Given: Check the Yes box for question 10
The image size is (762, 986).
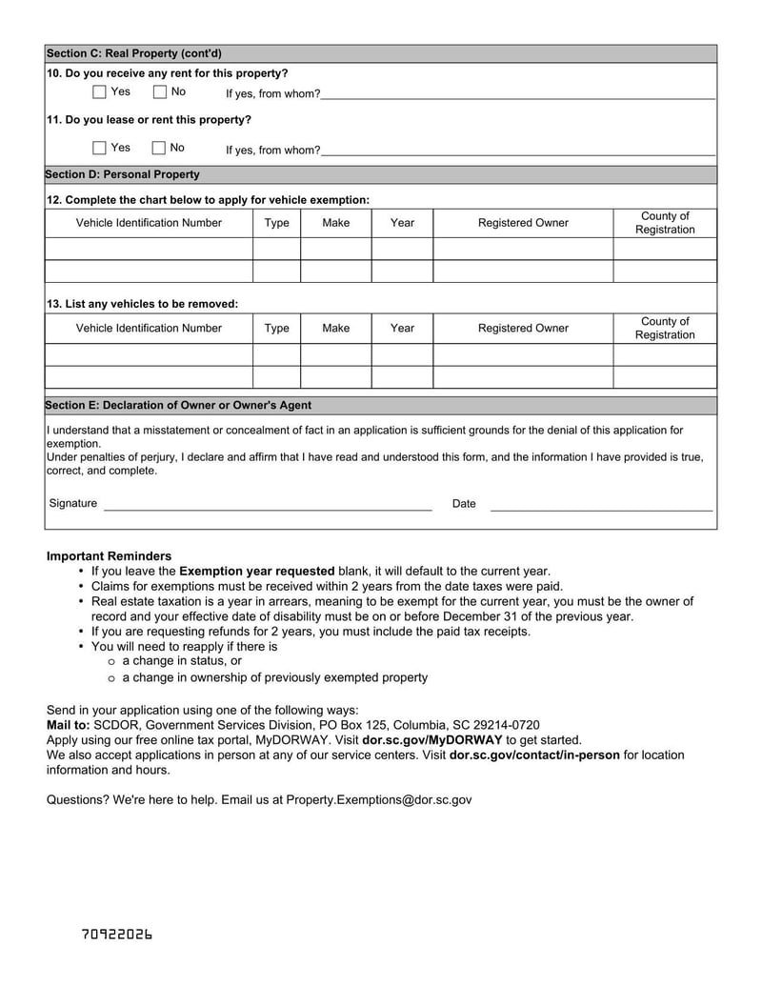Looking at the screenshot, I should [100, 92].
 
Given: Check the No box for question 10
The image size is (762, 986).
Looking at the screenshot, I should [159, 92].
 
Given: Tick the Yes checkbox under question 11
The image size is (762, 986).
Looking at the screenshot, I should [100, 148].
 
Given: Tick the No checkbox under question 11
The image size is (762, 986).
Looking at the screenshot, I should [159, 148].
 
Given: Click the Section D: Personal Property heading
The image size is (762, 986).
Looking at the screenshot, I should [123, 174].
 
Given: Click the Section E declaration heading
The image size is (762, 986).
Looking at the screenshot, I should [178, 405].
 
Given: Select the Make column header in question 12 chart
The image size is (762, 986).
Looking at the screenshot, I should [335, 223].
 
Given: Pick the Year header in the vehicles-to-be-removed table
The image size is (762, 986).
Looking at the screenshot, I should [402, 329].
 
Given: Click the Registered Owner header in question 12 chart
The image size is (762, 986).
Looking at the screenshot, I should [523, 223].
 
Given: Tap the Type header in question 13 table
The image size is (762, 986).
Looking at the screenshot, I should [276, 329].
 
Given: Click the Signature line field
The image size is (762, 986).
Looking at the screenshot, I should [267, 504].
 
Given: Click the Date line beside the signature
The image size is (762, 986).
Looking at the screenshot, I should [600, 504].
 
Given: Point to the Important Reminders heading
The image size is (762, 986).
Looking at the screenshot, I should [109, 556].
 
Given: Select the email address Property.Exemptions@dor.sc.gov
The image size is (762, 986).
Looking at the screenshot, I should [378, 800].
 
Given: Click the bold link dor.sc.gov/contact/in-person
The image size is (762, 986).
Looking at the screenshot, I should [534, 755].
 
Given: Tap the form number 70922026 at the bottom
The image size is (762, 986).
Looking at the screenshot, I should [117, 935].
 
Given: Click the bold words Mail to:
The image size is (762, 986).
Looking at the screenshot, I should [68, 724].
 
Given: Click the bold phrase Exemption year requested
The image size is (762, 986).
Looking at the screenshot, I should [257, 572].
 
